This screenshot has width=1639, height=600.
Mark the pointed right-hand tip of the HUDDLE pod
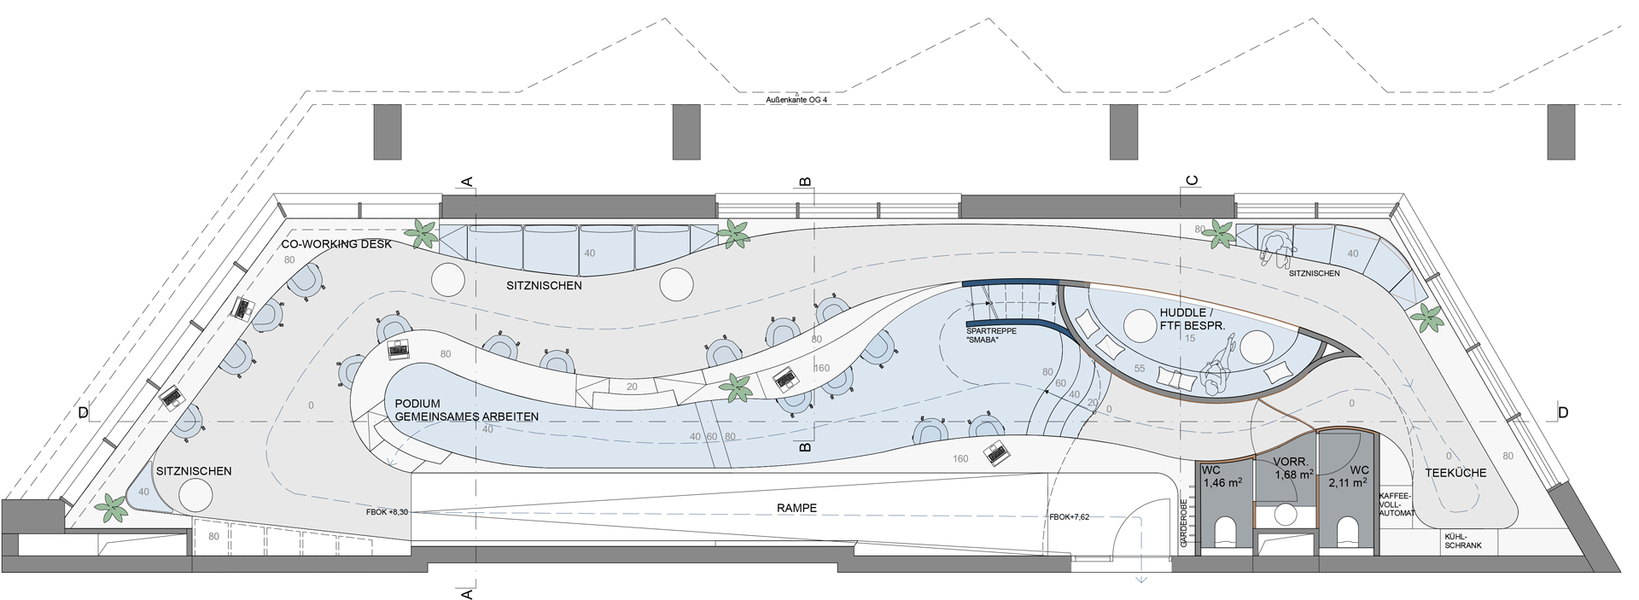pos(1350,352)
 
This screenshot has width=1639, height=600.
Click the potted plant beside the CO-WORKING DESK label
pos(422,233)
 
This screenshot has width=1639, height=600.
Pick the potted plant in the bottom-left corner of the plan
pos(111,508)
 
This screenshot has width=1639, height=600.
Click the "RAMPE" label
pos(796,508)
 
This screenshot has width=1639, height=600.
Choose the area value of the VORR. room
pos(1290,474)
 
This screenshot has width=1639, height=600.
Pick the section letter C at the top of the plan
pos(1193,181)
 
